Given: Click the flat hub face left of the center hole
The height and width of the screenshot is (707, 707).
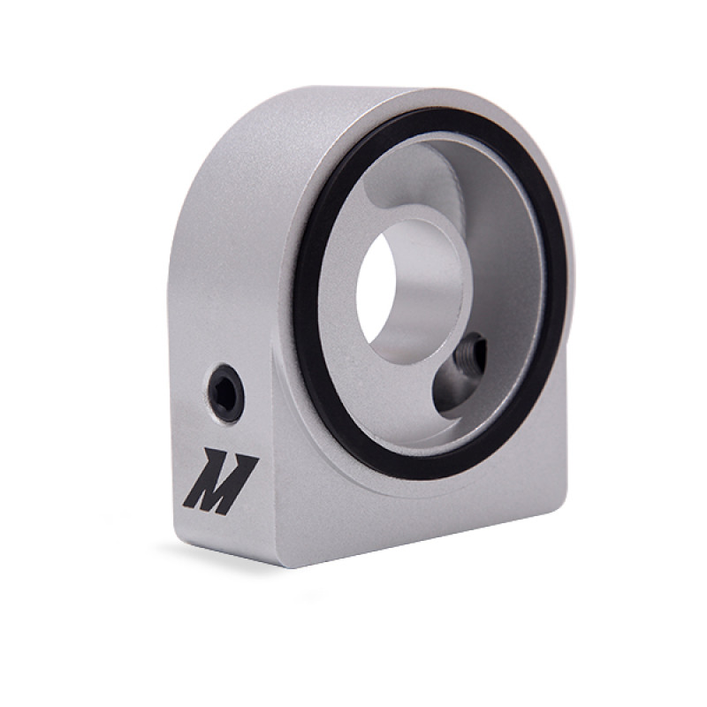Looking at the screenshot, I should tap(340, 292).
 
